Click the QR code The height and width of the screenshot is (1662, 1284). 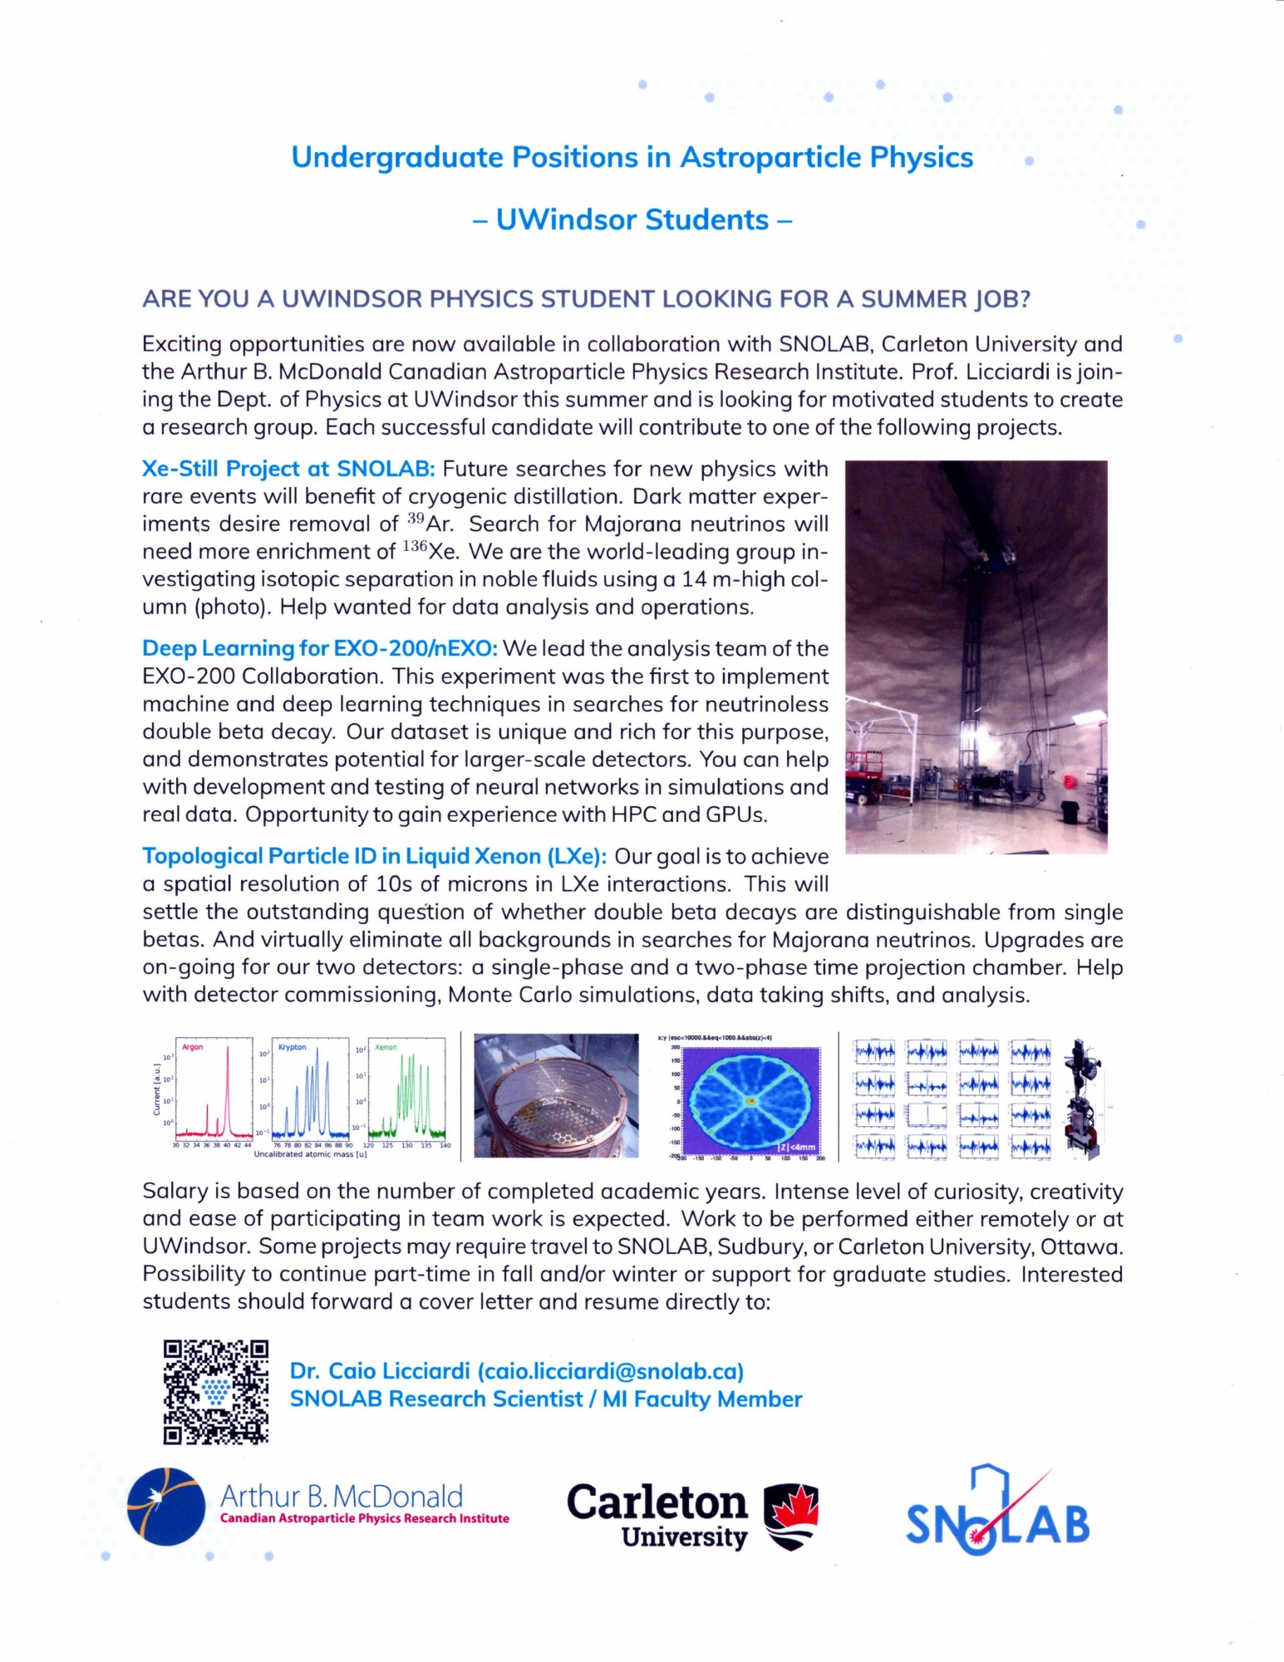pos(216,1391)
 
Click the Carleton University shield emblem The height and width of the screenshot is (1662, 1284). pos(790,1517)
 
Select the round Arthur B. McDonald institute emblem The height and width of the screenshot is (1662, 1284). pos(166,1507)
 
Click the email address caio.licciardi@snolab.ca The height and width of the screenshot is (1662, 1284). pos(610,1371)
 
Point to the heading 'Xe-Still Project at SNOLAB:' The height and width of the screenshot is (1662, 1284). pos(288,469)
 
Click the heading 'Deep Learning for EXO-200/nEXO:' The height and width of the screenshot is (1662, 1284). pos(320,648)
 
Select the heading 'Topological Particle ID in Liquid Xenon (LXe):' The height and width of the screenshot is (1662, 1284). pos(374,856)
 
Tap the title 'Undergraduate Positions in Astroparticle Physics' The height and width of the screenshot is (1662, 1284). pos(632,157)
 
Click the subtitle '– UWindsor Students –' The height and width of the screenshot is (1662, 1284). pos(632,219)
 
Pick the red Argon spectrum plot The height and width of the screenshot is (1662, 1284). pos(214,1088)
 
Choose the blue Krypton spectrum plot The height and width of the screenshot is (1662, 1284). pos(310,1088)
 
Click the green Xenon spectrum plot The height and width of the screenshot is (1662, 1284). pos(406,1088)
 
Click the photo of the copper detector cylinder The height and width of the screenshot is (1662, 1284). pos(556,1095)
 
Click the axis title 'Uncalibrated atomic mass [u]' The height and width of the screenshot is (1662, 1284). pos(310,1154)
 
